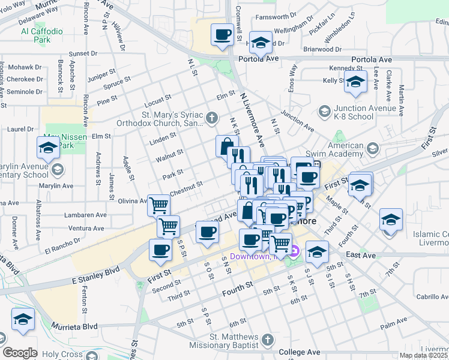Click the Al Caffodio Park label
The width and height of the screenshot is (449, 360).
click(x=41, y=35)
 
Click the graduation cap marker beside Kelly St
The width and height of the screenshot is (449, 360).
click(x=355, y=83)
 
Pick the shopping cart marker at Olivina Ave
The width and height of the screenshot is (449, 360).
click(x=159, y=205)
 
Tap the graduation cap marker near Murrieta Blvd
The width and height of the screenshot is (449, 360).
click(x=23, y=320)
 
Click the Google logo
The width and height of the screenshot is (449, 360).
click(x=20, y=353)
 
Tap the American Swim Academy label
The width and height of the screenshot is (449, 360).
click(x=354, y=149)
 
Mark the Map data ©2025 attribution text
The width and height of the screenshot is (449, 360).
click(x=424, y=355)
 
